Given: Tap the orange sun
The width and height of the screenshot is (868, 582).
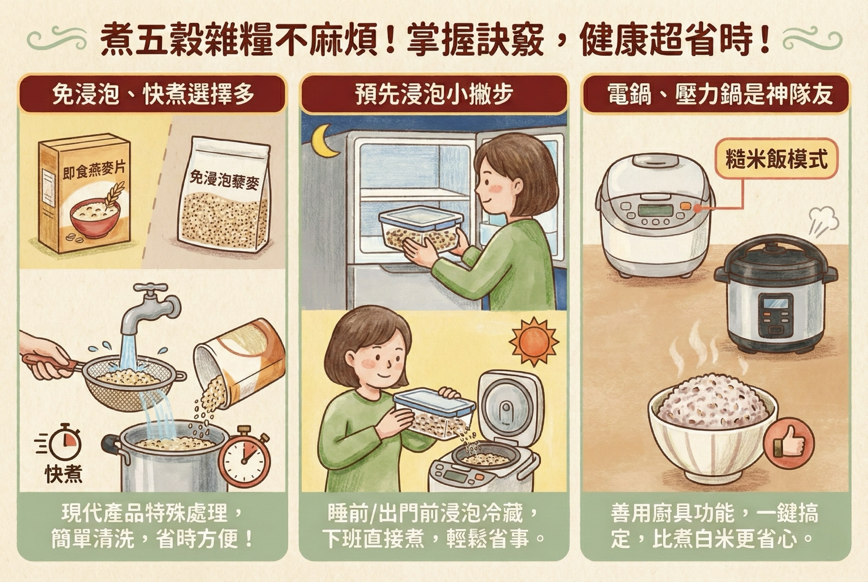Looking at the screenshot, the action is pyautogui.click(x=533, y=342).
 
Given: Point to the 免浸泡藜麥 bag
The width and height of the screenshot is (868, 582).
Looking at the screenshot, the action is pyautogui.click(x=224, y=194).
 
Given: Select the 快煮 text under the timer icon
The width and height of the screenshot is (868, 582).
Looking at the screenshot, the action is pyautogui.click(x=64, y=474).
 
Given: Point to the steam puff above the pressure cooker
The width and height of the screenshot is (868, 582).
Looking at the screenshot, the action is pyautogui.click(x=821, y=221).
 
